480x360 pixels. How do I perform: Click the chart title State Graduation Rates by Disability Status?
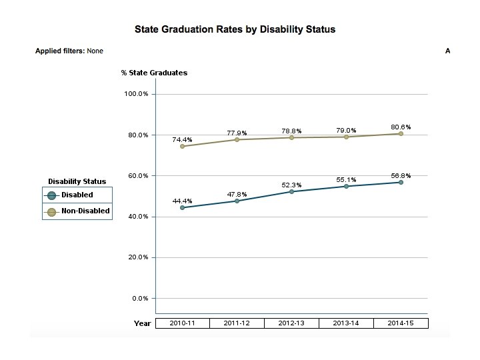[x=235, y=30]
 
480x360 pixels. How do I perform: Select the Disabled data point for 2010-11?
[x=182, y=208]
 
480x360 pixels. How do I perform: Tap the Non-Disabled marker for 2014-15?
[x=401, y=134]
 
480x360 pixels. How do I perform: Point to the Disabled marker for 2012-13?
[x=291, y=192]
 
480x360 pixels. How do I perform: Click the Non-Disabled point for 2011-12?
[x=237, y=139]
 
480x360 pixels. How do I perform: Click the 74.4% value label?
[x=182, y=140]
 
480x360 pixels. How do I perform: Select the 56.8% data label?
[x=401, y=176]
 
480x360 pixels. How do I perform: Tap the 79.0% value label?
[x=346, y=131]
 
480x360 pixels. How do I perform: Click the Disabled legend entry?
[x=77, y=195]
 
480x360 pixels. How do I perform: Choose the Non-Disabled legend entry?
[x=85, y=211]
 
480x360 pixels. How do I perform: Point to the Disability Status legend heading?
[x=77, y=181]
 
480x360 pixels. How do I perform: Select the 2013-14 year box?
[x=346, y=323]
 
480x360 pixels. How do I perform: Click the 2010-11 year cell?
[x=182, y=323]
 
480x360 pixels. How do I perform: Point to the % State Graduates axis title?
[x=154, y=73]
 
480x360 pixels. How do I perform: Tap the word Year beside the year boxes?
[x=142, y=323]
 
